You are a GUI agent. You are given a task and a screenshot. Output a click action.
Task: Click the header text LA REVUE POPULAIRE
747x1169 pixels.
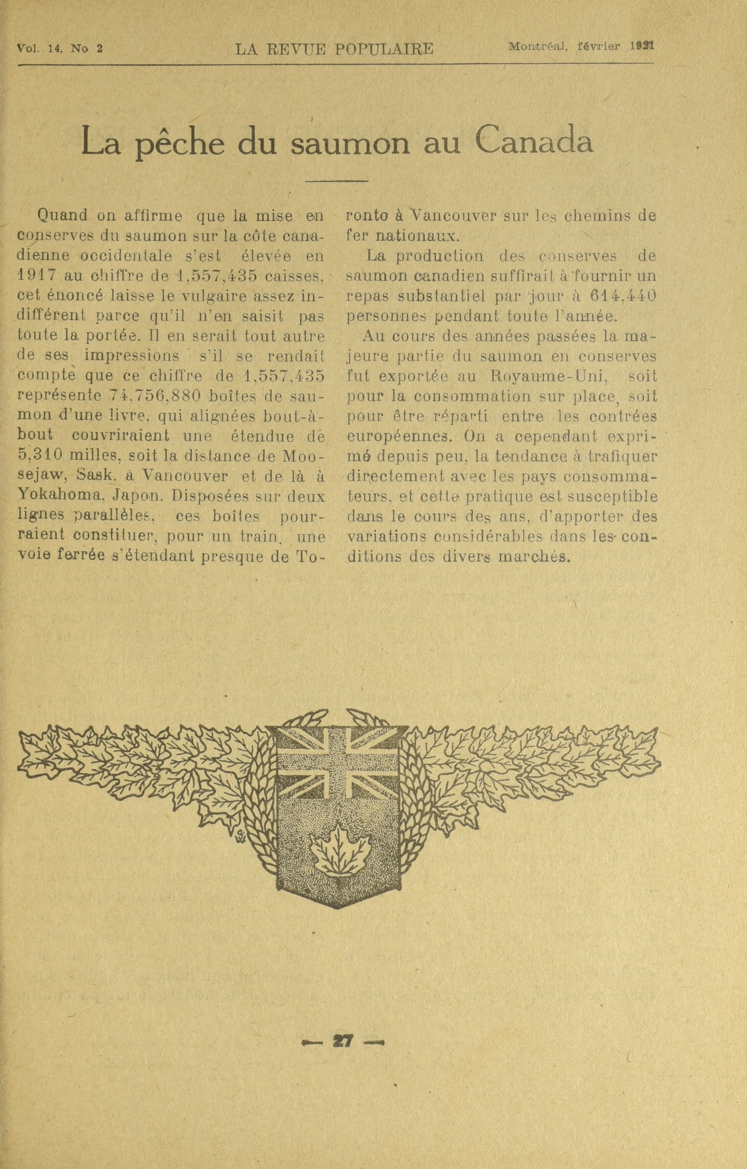pyautogui.click(x=334, y=49)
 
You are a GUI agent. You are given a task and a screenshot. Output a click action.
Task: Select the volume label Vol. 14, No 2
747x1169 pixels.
pyautogui.click(x=60, y=49)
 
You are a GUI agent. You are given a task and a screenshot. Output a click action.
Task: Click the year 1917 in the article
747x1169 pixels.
pyautogui.click(x=36, y=276)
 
